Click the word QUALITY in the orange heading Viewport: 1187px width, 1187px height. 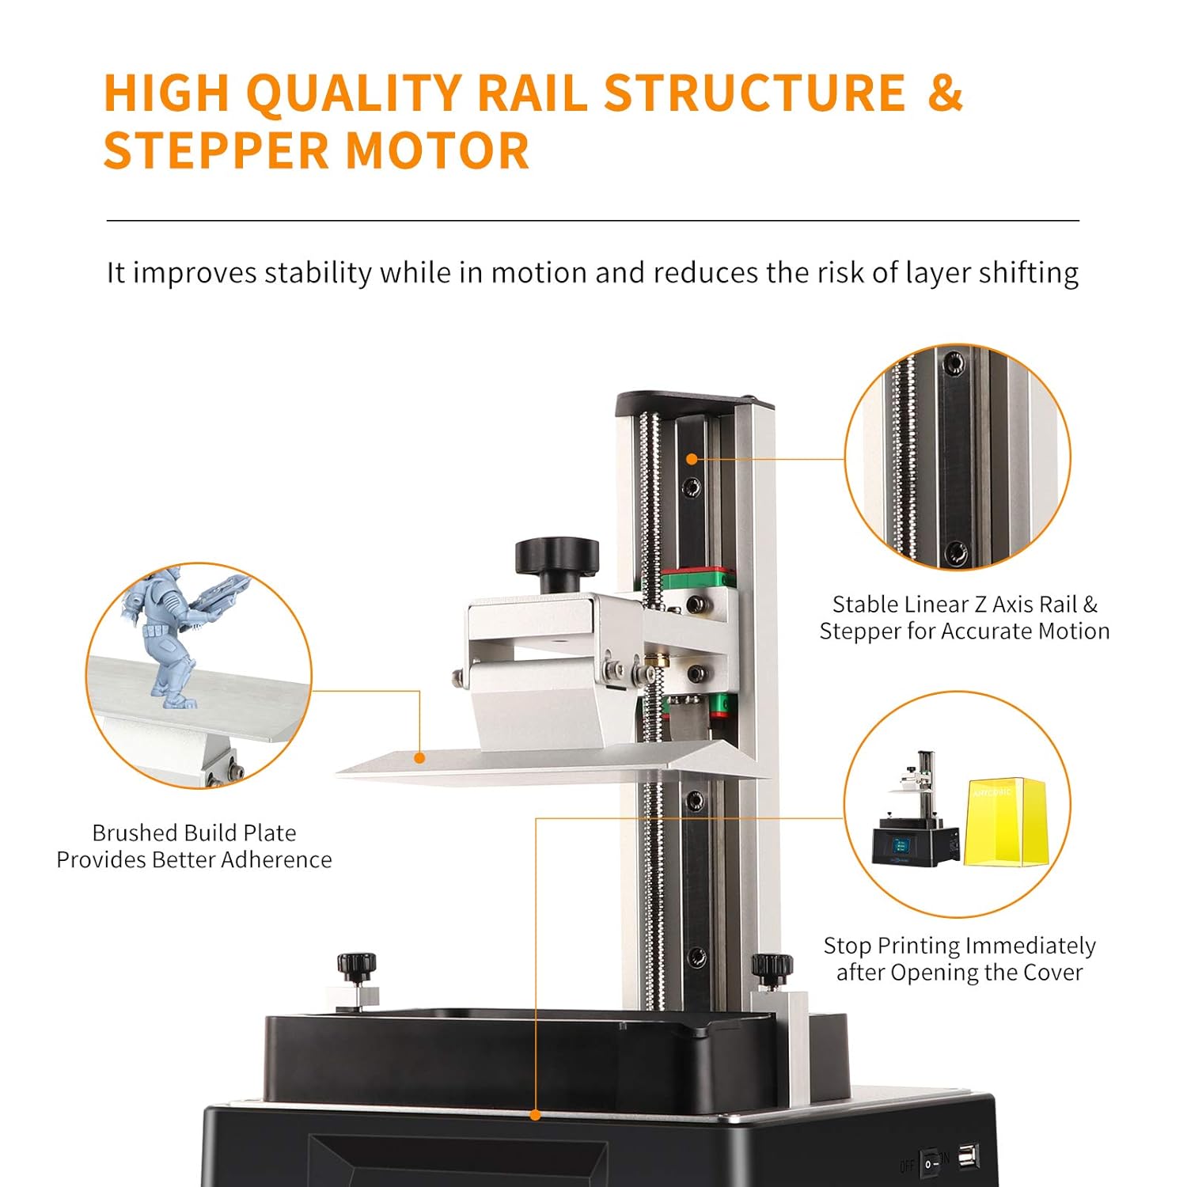(x=354, y=93)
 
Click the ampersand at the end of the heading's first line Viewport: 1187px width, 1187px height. (x=944, y=93)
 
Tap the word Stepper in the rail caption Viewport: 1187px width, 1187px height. (x=862, y=631)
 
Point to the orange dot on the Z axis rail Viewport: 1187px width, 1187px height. (x=692, y=459)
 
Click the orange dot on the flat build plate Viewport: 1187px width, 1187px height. (x=420, y=758)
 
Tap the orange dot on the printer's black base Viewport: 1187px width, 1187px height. (x=536, y=1115)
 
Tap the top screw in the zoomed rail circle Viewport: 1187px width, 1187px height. (x=954, y=363)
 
